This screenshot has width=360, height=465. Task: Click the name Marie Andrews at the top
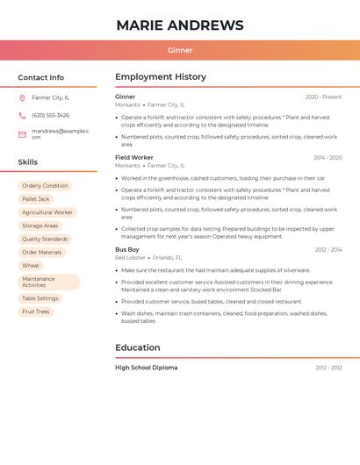[180, 25]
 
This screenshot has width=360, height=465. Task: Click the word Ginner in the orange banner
[180, 50]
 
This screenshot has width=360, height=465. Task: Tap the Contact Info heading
[41, 77]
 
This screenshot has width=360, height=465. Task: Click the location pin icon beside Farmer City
[22, 97]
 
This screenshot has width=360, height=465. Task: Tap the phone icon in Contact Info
[22, 115]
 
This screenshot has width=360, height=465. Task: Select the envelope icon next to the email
[22, 134]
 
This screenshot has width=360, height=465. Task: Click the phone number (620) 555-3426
[50, 115]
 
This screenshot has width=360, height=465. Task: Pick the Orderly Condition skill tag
[45, 186]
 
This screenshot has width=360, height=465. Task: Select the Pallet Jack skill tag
[36, 199]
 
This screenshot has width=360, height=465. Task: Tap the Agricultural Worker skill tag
[47, 212]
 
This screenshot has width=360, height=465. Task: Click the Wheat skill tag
[31, 265]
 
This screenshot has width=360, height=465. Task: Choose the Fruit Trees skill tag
[36, 311]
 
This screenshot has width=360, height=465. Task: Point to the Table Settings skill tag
[40, 298]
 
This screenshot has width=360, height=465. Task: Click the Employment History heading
[161, 77]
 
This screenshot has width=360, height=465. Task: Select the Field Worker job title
[134, 158]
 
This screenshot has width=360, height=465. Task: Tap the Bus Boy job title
[127, 250]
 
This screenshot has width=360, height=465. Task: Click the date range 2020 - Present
[323, 97]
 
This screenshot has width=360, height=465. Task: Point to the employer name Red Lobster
[130, 258]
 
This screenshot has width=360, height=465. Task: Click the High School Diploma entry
[146, 368]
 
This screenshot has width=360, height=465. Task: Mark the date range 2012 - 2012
[328, 368]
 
